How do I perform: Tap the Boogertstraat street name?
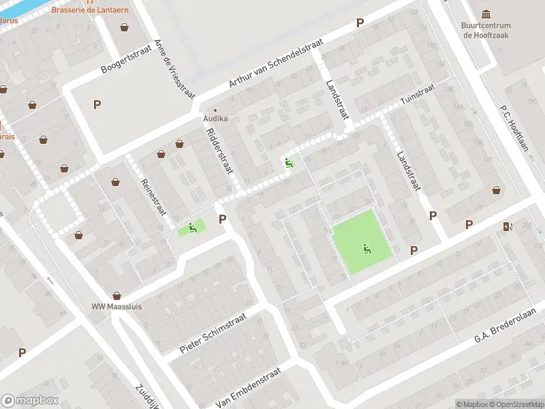(x=124, y=59)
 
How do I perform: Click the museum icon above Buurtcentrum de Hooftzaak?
(x=486, y=14)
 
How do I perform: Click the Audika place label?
(x=215, y=118)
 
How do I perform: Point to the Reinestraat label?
(x=153, y=196)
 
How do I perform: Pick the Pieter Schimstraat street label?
(x=213, y=334)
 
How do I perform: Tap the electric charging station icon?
(x=508, y=226)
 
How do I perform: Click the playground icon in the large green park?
(x=367, y=249)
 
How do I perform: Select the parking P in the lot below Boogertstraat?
(x=97, y=104)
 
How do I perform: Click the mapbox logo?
(x=30, y=401)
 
